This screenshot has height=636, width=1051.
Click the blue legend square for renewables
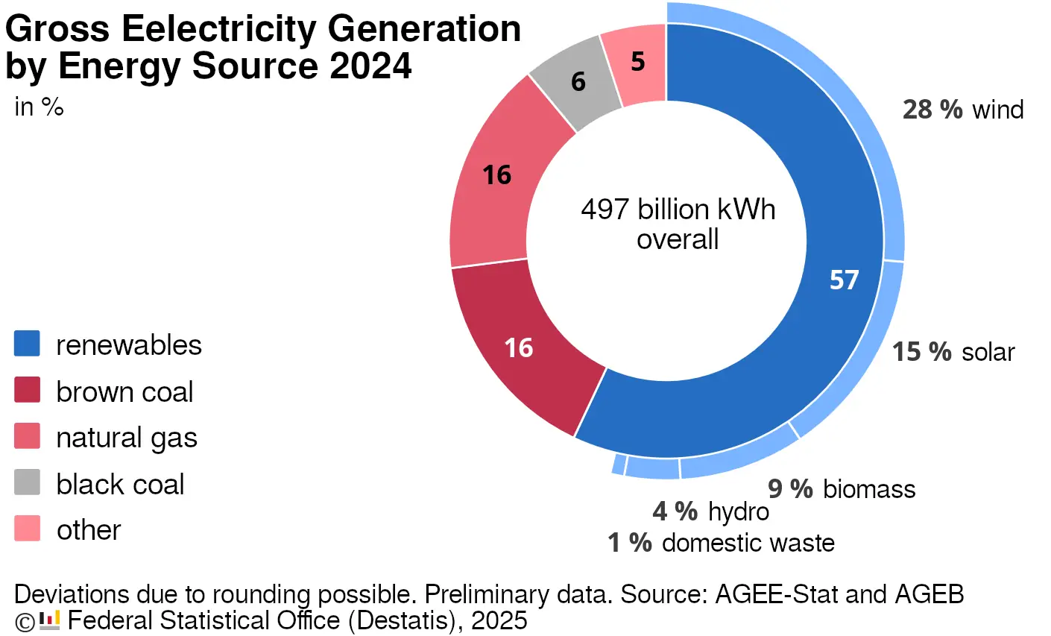coord(27,344)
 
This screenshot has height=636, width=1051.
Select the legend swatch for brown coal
coord(27,391)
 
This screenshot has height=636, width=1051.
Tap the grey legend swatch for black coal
coord(27,483)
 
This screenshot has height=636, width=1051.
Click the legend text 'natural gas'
coord(127,438)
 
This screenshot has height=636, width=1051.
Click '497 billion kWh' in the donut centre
coord(678,210)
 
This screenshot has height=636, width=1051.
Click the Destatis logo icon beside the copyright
coord(49,620)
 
